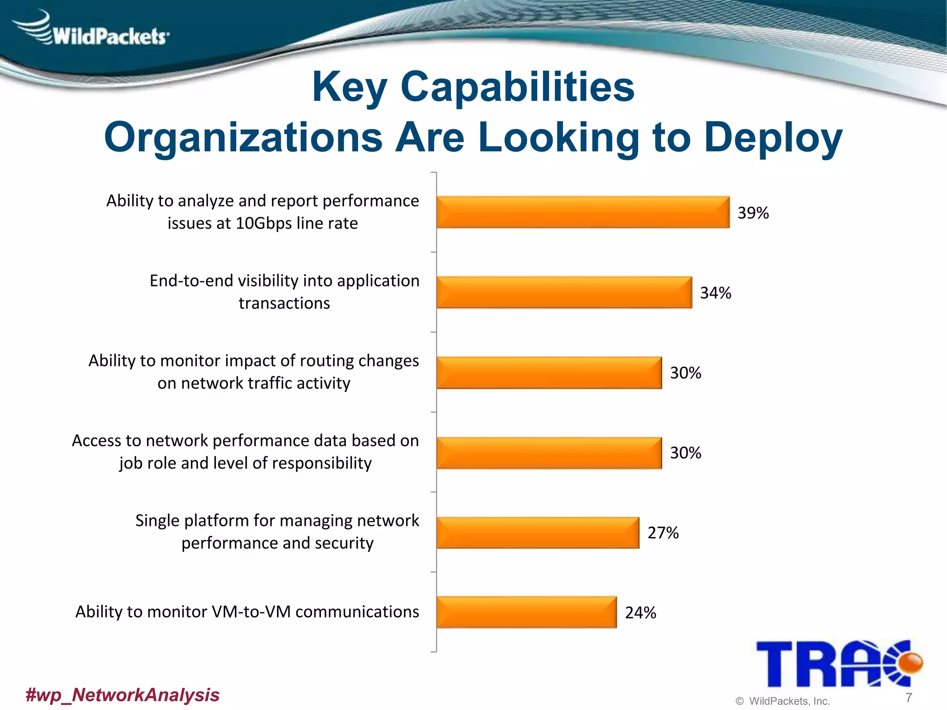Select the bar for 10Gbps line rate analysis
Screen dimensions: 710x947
pos(583,212)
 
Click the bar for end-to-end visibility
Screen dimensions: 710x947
pos(564,292)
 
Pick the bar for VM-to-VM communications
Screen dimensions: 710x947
pos(526,612)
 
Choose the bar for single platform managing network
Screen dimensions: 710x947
pos(537,532)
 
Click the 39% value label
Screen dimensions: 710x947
pos(753,213)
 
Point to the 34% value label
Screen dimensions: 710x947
pos(715,293)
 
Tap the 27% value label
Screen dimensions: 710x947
pos(663,533)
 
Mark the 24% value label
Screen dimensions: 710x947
pos(640,613)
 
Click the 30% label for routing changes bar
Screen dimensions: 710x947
pos(685,373)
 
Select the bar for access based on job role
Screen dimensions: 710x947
pos(549,453)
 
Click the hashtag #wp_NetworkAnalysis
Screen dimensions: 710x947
pos(123,695)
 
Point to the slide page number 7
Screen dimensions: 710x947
pos(909,697)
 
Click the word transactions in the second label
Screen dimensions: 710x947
pos(284,303)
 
